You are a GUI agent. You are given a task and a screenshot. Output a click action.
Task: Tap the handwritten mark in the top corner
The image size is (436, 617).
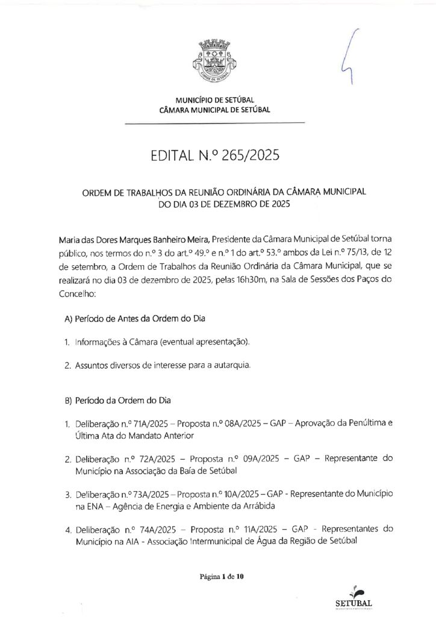(x=350, y=58)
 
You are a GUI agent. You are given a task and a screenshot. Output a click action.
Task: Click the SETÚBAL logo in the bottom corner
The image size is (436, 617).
(x=353, y=597)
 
